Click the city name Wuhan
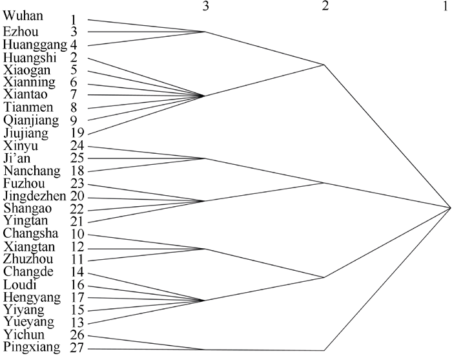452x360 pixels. (23, 16)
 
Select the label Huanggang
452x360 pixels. (35, 45)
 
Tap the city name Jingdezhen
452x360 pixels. (35, 196)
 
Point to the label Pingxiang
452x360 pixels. (32, 347)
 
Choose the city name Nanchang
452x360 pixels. (32, 171)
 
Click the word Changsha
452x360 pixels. (31, 233)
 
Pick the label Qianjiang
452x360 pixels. (31, 121)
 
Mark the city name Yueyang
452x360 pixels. (29, 322)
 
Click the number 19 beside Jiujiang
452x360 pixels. (77, 133)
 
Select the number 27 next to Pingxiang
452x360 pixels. (77, 348)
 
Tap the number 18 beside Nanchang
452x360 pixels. (77, 171)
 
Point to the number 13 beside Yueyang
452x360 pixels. (77, 323)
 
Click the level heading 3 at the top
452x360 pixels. (205, 6)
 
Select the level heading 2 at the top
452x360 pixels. (325, 6)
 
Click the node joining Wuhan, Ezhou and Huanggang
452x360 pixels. (205, 32)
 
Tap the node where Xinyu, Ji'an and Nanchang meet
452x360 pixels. (205, 158)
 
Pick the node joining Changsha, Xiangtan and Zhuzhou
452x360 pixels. (205, 249)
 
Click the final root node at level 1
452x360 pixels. (450, 207)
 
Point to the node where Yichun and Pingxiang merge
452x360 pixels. (205, 350)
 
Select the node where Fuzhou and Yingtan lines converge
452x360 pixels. (204, 201)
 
